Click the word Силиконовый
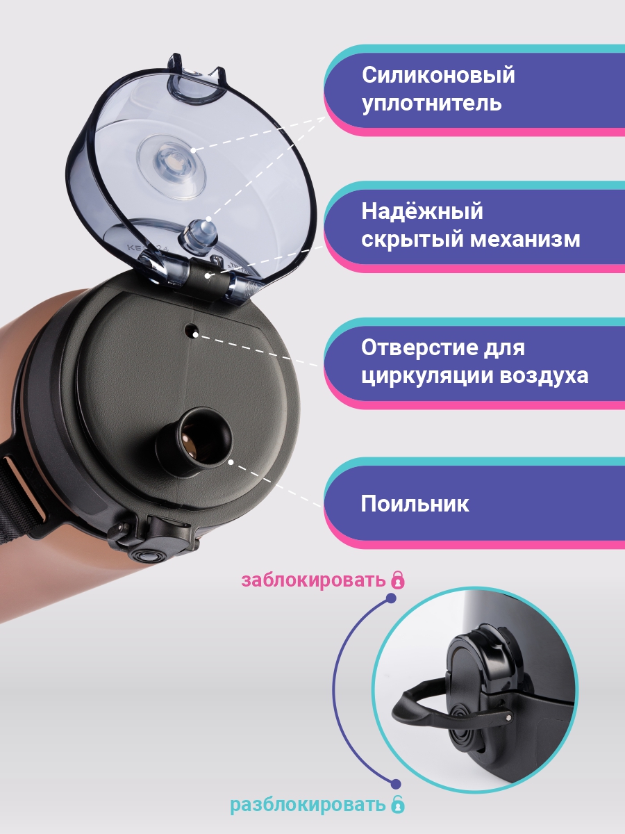pos(438,75)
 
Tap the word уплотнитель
pos(431,104)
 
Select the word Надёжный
pos(422,211)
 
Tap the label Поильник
pos(415,504)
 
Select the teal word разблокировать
pos(308,806)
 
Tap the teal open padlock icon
pos(397,805)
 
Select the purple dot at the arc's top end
pos(391,598)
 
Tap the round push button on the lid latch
pos(146,556)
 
